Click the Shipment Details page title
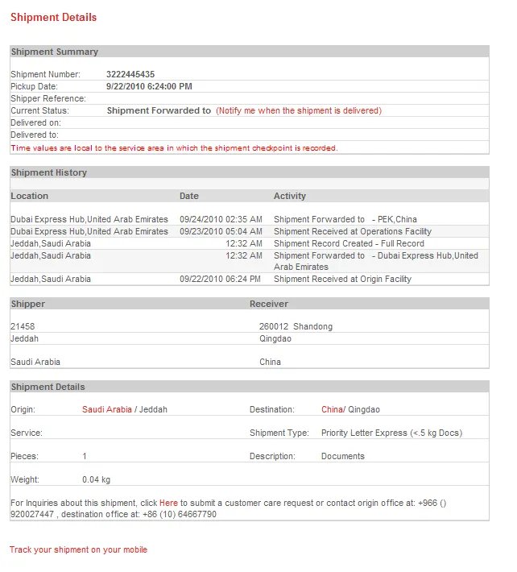(x=53, y=17)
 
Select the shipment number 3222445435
(x=130, y=74)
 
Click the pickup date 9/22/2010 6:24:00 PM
(x=149, y=86)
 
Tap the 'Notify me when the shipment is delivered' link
(x=298, y=110)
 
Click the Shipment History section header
(x=48, y=172)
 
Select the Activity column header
(x=289, y=196)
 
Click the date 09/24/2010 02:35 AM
(x=221, y=219)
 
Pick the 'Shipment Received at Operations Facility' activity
(x=352, y=231)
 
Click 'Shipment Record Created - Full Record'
(x=349, y=243)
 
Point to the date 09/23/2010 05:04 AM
(x=221, y=231)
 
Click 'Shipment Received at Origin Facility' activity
(x=342, y=279)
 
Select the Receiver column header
(x=268, y=304)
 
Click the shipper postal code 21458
(x=23, y=326)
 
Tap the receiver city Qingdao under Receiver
(x=275, y=338)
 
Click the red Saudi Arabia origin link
(x=106, y=409)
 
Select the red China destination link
(x=332, y=409)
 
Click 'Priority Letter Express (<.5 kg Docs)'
(x=391, y=433)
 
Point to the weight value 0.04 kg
(x=96, y=479)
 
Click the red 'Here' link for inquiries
(x=168, y=503)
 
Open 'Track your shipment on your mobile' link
(x=78, y=549)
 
